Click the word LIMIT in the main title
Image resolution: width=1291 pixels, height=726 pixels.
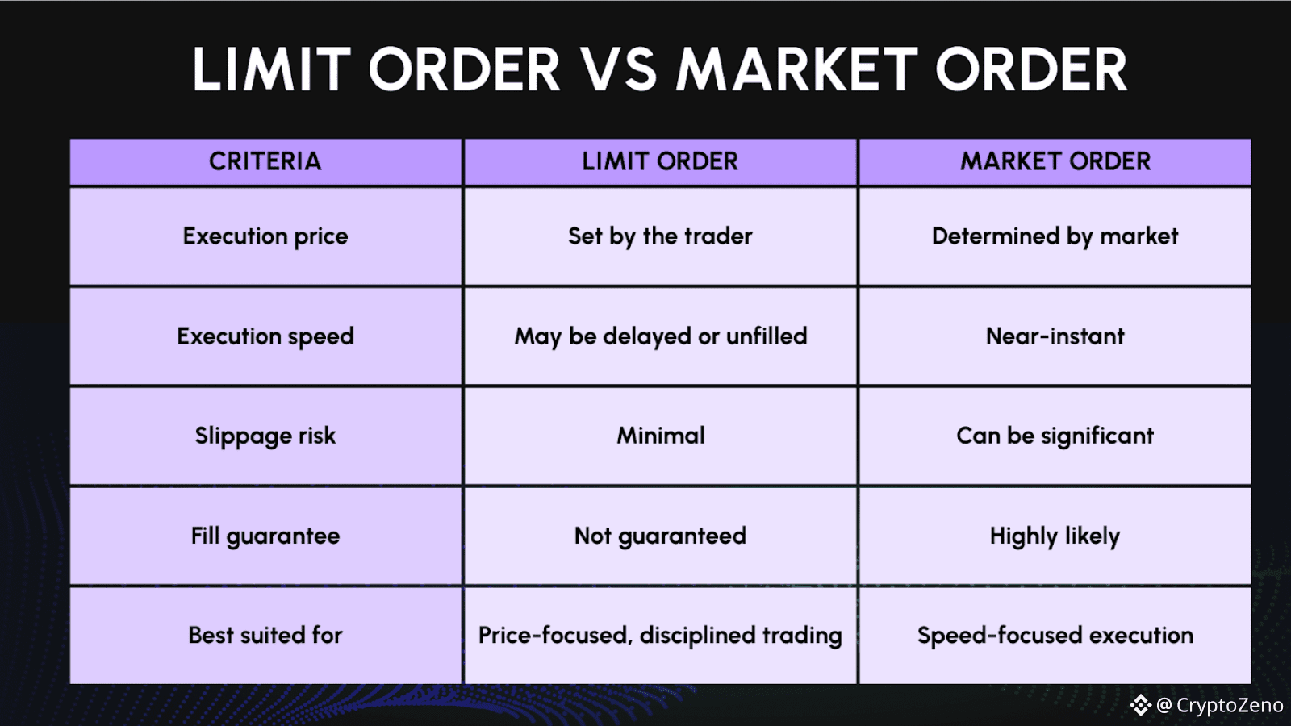click(271, 69)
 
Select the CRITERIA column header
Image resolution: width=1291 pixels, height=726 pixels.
click(265, 161)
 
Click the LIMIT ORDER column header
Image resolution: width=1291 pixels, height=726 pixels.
click(660, 161)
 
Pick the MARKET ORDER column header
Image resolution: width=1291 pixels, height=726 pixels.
click(1055, 161)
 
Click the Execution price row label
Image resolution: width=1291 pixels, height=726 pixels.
click(265, 236)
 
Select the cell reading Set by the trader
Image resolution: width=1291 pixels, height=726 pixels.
click(660, 236)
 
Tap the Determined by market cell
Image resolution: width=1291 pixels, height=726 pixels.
click(1055, 236)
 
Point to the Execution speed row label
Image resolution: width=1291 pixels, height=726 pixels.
click(265, 336)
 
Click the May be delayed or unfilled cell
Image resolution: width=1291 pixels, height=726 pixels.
click(660, 336)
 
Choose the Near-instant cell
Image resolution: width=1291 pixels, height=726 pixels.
click(1055, 336)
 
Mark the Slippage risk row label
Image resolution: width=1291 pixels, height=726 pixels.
click(265, 436)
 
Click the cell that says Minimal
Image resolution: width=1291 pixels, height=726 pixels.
click(660, 436)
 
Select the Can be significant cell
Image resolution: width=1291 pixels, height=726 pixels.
click(1055, 436)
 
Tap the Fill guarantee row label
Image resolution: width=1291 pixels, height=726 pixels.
click(265, 536)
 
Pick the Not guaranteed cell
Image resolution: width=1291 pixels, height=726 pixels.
click(660, 536)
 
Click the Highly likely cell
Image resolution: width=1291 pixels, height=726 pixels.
click(1055, 536)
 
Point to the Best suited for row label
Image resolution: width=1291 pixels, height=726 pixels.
click(265, 636)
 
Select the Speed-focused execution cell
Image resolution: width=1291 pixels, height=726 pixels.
click(1055, 636)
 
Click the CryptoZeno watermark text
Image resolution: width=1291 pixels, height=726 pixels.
click(1229, 706)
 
